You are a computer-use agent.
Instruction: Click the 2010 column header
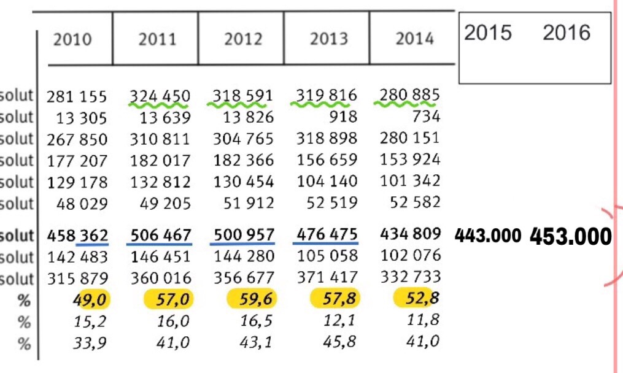click(72, 40)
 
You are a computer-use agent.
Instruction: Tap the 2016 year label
click(566, 33)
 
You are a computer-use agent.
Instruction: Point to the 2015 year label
click(488, 33)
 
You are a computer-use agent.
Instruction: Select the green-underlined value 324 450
click(160, 96)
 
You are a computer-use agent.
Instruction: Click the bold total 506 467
click(161, 236)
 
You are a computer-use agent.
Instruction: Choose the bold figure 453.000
click(570, 236)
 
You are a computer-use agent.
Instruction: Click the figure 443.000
click(489, 236)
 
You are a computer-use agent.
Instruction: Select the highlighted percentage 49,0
click(90, 300)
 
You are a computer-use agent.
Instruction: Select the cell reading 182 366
click(244, 161)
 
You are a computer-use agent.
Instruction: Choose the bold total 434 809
click(411, 234)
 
